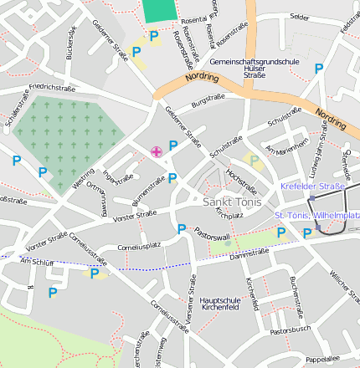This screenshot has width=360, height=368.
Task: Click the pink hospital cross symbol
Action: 156,151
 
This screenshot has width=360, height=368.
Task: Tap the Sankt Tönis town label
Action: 233,202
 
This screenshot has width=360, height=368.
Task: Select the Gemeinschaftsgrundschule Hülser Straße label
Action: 243,68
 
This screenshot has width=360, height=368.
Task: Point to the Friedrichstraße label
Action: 52,87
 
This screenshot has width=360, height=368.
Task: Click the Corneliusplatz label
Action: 138,247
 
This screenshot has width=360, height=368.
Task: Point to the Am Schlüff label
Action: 36,262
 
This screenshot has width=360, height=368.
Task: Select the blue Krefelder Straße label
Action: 312,186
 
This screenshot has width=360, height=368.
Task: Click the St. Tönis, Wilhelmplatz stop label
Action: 317,216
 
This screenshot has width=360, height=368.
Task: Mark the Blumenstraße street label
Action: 148,192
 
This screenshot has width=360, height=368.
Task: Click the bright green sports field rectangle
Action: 160,10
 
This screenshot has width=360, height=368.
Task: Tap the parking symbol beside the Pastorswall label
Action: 182,229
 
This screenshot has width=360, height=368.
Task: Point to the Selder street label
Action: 299,16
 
